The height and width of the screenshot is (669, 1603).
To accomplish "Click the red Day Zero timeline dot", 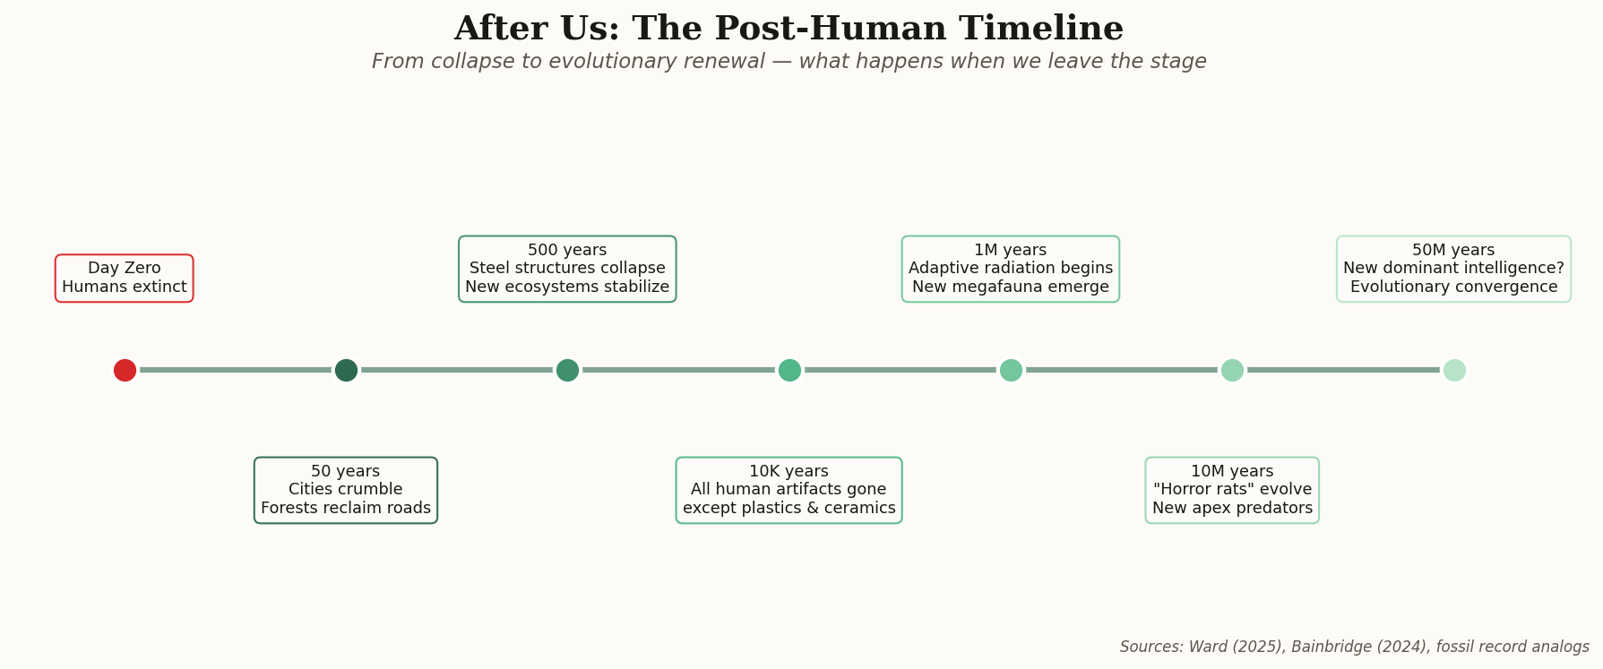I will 125,370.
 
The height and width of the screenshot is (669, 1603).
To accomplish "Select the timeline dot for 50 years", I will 346,370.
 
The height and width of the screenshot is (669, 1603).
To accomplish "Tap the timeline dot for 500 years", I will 567,370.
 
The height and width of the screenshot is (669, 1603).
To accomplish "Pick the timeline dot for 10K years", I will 789,370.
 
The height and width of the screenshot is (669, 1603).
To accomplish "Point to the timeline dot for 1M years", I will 1011,370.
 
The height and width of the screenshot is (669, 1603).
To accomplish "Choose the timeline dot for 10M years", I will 1232,370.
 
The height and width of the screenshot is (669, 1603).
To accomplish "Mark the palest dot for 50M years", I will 1454,370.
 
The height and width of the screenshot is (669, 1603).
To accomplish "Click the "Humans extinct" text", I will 125,287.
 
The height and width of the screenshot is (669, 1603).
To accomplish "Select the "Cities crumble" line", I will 346,490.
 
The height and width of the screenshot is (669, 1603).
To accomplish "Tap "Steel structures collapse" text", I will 567,269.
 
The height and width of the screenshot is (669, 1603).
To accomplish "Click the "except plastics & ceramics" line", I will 789,509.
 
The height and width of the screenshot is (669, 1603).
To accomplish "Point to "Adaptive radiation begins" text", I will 1011,269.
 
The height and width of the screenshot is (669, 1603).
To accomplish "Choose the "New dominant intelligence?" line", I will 1453,269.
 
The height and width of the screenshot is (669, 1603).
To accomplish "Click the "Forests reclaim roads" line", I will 346,509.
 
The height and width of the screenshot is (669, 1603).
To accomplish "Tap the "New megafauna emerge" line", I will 1011,287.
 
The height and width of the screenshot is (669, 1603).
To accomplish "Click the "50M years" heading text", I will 1453,251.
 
